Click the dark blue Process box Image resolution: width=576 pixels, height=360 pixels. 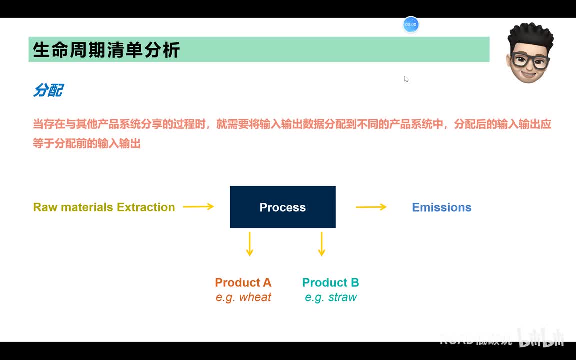click(282, 207)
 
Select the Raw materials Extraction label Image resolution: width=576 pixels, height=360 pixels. click(104, 207)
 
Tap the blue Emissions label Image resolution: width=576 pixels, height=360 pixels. click(441, 207)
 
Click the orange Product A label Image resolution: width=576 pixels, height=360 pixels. click(243, 282)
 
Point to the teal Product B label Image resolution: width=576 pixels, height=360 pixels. click(330, 282)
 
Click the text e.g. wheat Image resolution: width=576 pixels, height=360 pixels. click(243, 297)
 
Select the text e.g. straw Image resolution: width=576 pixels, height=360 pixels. click(331, 297)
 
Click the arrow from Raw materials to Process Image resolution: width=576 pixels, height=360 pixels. click(198, 206)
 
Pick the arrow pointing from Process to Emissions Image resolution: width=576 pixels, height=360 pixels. click(371, 206)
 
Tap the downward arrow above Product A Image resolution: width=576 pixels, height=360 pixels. click(249, 244)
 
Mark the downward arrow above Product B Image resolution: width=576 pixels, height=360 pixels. click(321, 244)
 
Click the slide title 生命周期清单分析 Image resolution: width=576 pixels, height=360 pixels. click(106, 50)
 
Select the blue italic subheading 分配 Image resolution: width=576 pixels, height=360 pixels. click(48, 90)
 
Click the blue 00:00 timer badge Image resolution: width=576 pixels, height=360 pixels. click(411, 25)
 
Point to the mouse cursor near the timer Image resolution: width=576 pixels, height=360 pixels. click(406, 78)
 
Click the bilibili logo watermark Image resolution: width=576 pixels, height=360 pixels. click(541, 338)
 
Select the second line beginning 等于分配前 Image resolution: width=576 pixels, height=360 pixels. click(87, 144)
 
